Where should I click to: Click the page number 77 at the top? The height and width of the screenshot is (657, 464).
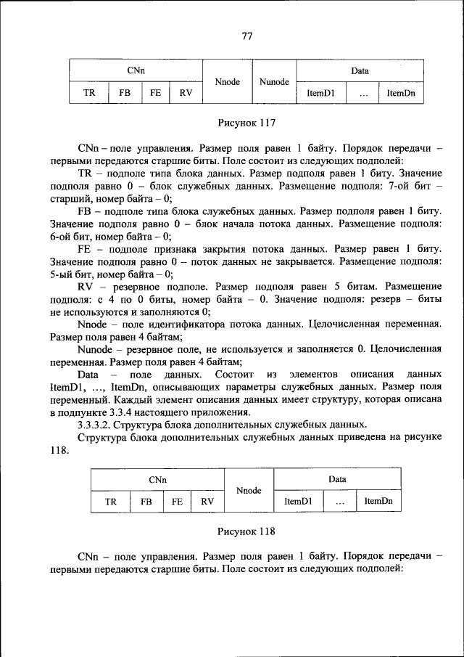point(246,36)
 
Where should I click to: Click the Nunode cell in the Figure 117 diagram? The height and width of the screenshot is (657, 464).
point(274,82)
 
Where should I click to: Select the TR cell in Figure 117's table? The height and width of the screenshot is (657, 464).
point(89,93)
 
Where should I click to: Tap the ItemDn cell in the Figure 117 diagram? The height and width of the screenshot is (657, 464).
point(401,93)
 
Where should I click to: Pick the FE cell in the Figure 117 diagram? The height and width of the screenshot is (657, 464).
point(155,93)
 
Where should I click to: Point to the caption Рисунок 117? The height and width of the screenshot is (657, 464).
point(246,123)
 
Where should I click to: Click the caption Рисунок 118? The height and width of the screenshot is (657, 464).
point(246,531)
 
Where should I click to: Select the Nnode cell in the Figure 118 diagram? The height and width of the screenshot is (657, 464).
point(249,491)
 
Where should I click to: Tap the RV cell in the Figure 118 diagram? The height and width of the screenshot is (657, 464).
point(207,501)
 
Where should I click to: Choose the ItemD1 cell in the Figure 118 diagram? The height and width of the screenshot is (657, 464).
point(298,501)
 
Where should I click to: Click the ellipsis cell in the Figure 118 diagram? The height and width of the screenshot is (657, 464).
point(339,501)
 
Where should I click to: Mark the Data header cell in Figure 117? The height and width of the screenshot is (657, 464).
point(360,71)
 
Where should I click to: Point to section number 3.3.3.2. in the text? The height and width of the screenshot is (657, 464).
point(100,424)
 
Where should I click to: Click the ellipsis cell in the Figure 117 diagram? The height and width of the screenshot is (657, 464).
point(362,93)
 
